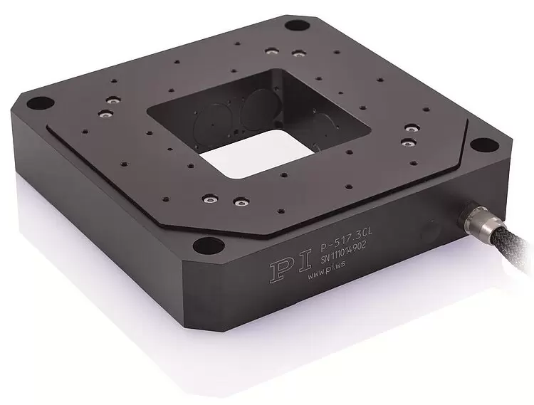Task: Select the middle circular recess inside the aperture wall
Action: coord(253,112)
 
